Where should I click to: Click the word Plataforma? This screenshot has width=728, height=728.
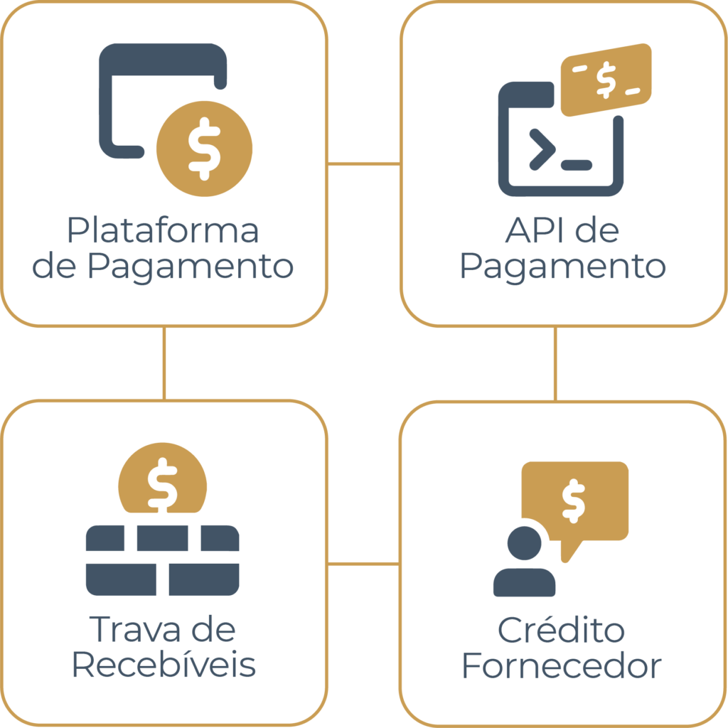(x=163, y=232)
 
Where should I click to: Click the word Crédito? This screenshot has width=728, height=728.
(x=561, y=630)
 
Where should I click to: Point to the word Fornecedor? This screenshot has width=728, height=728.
(x=562, y=667)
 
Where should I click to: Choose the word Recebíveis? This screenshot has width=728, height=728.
(x=164, y=667)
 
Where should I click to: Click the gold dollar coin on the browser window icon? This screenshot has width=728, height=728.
(x=204, y=147)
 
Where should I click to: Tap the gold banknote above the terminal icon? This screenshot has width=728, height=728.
(x=606, y=79)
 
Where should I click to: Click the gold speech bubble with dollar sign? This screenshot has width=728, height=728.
(x=575, y=498)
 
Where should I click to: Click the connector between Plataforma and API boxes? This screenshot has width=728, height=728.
(x=364, y=164)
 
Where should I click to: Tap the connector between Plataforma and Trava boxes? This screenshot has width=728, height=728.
(x=164, y=363)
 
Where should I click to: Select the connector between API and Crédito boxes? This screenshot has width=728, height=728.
(x=555, y=363)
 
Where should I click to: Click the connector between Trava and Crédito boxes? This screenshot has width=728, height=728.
(x=364, y=564)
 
